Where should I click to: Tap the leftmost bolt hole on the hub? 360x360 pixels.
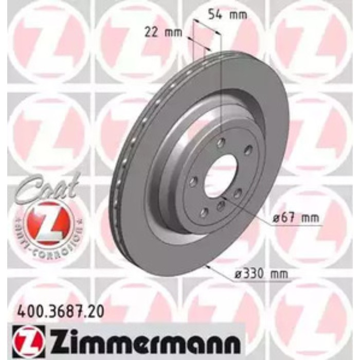(x=194, y=181)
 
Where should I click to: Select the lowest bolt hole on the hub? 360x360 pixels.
(x=205, y=212)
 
